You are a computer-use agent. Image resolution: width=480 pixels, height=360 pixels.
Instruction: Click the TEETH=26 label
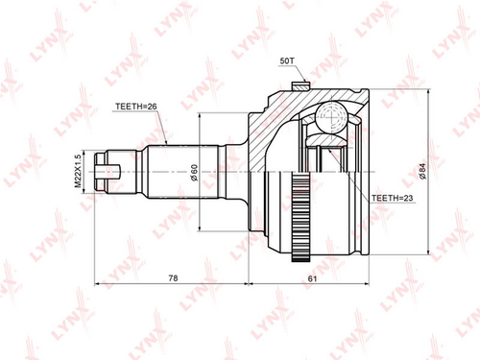click(x=136, y=107)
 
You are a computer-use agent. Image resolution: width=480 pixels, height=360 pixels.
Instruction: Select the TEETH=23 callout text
click(x=393, y=198)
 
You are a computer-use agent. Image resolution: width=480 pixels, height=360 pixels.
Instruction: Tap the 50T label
click(x=287, y=60)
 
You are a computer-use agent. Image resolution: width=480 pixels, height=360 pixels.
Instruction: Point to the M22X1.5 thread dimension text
click(x=78, y=172)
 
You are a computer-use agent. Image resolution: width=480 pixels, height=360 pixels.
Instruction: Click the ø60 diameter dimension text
click(x=194, y=173)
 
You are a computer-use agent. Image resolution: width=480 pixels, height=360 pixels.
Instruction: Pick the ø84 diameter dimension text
click(x=422, y=171)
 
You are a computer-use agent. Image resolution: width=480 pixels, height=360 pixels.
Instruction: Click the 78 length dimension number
click(x=173, y=278)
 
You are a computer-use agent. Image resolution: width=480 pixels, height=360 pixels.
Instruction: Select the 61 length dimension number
click(x=312, y=278)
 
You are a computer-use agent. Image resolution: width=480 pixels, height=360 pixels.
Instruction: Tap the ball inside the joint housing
click(x=331, y=117)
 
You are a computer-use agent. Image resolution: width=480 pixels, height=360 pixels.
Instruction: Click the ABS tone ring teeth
click(x=300, y=217)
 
